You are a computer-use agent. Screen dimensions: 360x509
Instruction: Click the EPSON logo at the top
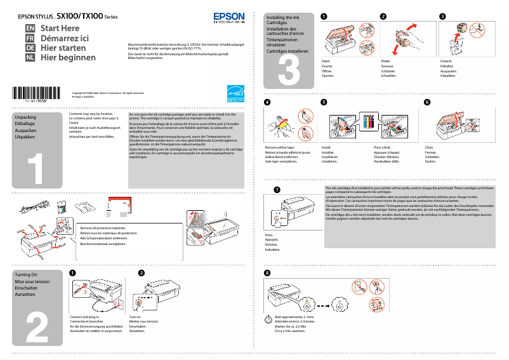pyautogui.click(x=228, y=17)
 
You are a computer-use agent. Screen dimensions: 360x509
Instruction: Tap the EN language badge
pyautogui.click(x=29, y=29)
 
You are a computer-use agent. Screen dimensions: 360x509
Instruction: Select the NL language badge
pyautogui.click(x=29, y=57)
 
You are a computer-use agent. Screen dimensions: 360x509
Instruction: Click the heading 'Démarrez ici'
pyautogui.click(x=64, y=38)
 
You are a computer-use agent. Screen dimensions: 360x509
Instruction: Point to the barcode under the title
pyautogui.click(x=39, y=93)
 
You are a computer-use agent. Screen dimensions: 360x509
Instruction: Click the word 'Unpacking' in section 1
pyautogui.click(x=25, y=118)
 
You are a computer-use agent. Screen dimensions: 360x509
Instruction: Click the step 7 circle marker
pyautogui.click(x=276, y=190)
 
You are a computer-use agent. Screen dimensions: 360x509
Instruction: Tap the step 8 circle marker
pyautogui.click(x=267, y=273)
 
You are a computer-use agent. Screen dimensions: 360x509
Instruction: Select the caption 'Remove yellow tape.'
pyautogui.click(x=279, y=147)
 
